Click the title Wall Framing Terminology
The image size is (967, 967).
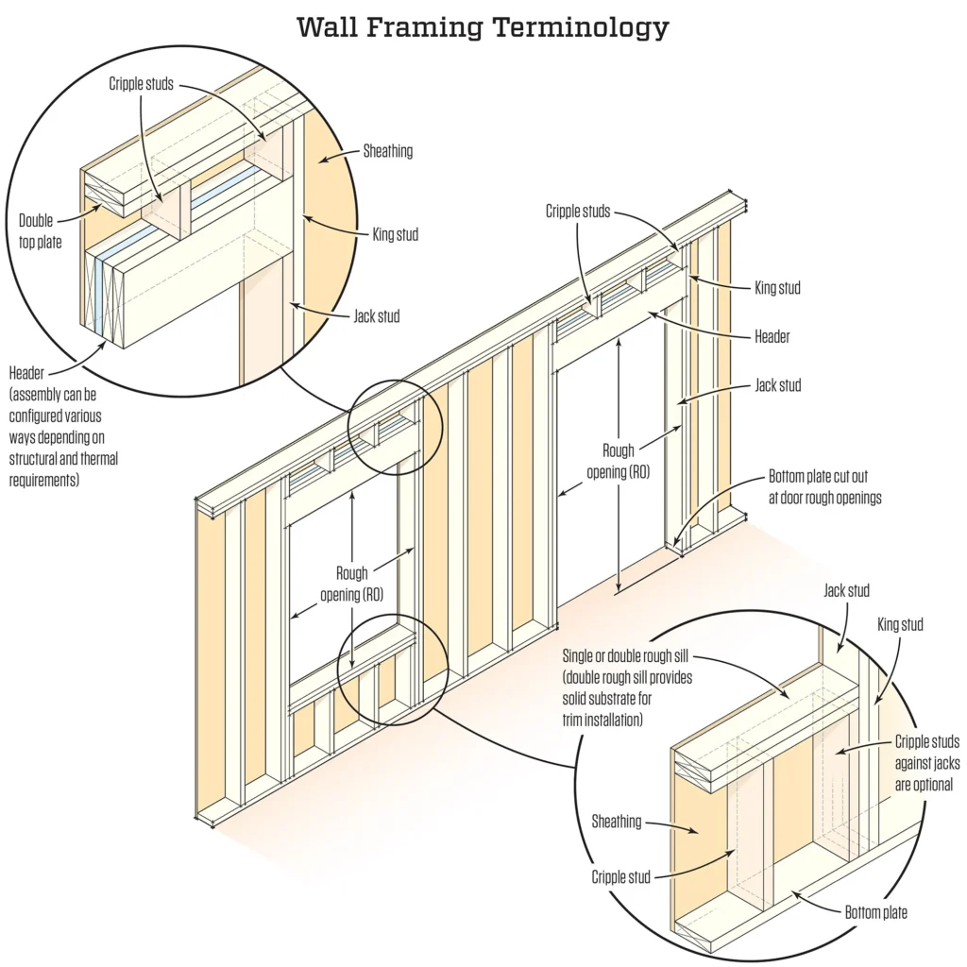point(483,27)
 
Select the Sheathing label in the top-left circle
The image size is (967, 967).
point(387,151)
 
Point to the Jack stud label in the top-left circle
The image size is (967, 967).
point(376,316)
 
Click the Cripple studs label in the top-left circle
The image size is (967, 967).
point(140,83)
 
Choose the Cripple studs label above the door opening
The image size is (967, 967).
point(578,211)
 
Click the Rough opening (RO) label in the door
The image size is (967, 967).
point(632,459)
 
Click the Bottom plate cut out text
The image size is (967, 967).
point(824,485)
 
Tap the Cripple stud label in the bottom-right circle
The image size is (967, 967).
point(621,877)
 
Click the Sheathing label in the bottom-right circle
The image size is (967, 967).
point(617,822)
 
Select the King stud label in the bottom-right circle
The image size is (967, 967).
point(900,625)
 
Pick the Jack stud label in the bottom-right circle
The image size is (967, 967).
point(846,591)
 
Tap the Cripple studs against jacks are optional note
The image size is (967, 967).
point(924,764)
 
